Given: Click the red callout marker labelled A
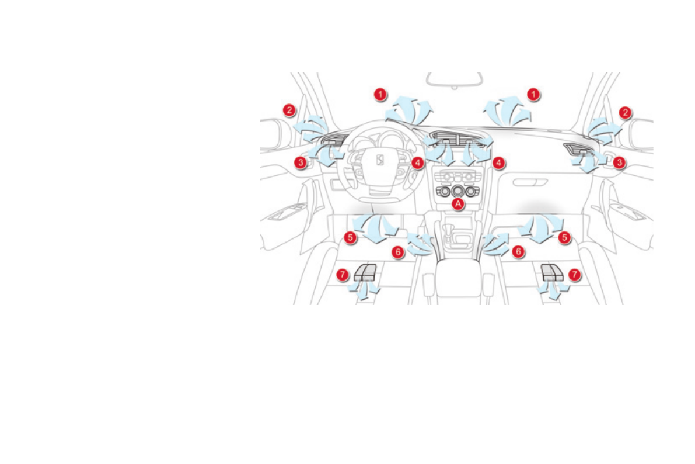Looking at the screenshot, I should [458, 203].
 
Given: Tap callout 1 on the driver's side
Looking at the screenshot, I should [380, 94].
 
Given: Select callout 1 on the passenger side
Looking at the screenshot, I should [533, 94].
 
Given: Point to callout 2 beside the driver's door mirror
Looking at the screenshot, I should [288, 110].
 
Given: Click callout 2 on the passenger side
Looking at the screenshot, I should [625, 113].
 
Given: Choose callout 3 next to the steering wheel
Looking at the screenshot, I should [300, 162].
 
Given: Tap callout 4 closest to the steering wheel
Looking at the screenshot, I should [417, 162].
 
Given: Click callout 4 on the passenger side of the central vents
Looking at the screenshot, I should [498, 162].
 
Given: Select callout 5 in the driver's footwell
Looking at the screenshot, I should [350, 237].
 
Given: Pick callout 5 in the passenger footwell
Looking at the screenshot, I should [564, 237].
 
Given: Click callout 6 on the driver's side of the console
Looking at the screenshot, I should [397, 252].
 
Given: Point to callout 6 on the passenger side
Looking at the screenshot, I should [518, 251].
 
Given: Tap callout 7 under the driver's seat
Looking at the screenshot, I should [343, 274].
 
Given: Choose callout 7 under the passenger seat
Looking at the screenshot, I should [574, 273].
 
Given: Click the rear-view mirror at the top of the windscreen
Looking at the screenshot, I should [453, 79].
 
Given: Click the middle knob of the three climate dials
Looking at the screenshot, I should [457, 191].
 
